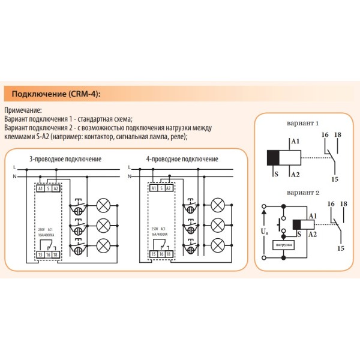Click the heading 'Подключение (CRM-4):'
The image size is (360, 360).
(x=53, y=95)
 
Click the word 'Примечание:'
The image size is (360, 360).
(x=23, y=110)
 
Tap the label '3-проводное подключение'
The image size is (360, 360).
(x=65, y=159)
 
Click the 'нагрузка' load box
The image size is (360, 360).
(x=283, y=245)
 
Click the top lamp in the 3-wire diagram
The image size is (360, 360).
(x=103, y=206)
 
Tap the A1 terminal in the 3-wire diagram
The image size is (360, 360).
(x=40, y=188)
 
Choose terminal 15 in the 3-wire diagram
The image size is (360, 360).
(x=40, y=256)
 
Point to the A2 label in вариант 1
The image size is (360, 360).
(x=295, y=175)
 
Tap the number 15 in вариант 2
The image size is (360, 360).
(x=340, y=248)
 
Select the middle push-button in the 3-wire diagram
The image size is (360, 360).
(x=77, y=226)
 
